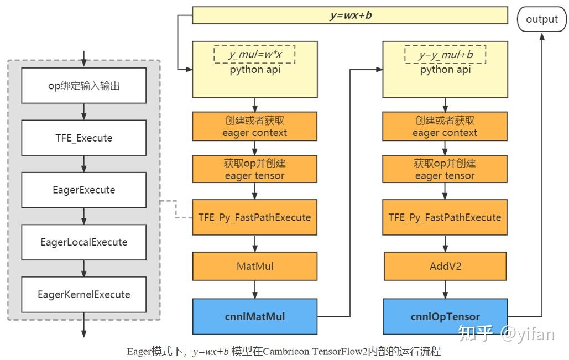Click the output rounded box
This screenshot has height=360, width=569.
[542, 19]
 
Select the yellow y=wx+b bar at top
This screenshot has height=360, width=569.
[349, 15]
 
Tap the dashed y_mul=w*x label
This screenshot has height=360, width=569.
[254, 55]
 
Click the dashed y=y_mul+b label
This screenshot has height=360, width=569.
[445, 55]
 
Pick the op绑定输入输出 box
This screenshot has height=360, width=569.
[84, 86]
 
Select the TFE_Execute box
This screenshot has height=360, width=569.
[84, 138]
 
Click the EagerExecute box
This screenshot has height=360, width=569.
[84, 190]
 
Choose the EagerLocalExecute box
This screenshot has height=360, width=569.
[84, 242]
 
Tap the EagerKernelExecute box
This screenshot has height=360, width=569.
[84, 294]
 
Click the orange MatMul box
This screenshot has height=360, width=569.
[254, 266]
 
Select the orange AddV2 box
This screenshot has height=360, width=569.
[445, 266]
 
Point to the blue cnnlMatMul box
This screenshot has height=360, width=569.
[254, 317]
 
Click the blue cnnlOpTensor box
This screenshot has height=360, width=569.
[445, 317]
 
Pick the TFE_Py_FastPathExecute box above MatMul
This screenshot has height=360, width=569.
[254, 217]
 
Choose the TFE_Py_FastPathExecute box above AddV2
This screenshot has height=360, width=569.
[445, 217]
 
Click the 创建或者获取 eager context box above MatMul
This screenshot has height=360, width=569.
[254, 127]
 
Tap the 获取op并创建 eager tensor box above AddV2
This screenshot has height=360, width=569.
[445, 169]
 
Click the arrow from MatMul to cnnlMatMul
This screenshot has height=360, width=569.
[254, 289]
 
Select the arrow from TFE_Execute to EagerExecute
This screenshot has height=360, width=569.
[84, 164]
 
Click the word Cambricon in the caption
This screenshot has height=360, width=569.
[286, 352]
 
